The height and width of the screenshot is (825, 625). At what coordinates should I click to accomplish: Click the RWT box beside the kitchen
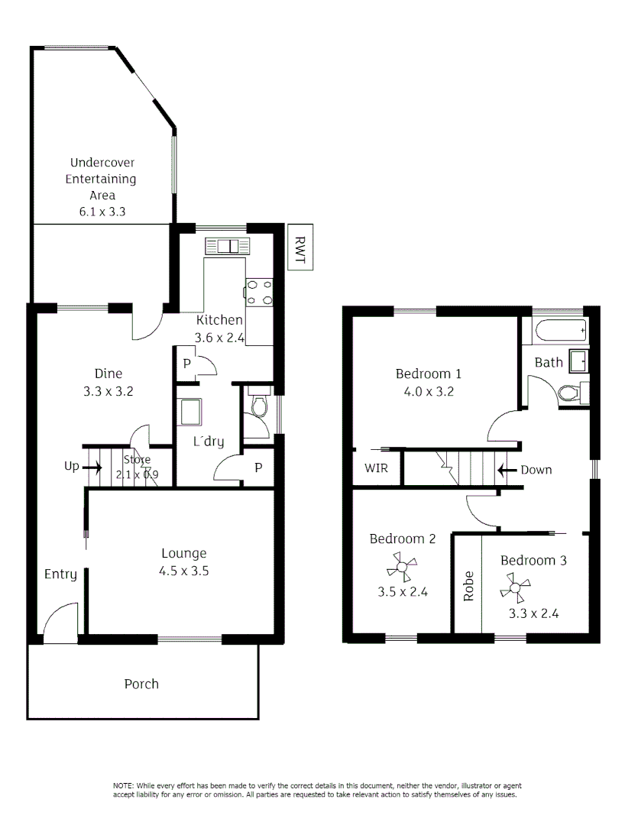click(299, 247)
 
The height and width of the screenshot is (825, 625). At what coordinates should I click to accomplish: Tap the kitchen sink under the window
click(227, 246)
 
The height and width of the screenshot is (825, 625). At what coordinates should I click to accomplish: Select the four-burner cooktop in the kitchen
click(258, 290)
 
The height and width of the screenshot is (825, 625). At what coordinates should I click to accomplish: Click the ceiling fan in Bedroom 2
click(402, 568)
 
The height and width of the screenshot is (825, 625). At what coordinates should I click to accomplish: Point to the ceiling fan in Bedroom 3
click(516, 587)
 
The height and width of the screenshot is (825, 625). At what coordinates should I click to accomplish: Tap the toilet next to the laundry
click(259, 405)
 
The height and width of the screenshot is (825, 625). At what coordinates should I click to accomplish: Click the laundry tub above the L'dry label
click(189, 412)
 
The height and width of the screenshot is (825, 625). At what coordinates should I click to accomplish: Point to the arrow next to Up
click(92, 466)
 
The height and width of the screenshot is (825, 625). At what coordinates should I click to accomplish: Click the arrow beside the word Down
click(506, 470)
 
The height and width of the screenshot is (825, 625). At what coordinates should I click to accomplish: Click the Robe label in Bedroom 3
click(468, 586)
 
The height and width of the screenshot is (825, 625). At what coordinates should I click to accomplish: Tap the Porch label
click(141, 684)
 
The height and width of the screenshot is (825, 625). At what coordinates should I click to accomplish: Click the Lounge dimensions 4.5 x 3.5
click(185, 570)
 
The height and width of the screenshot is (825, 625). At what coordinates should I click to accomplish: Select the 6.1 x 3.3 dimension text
click(102, 212)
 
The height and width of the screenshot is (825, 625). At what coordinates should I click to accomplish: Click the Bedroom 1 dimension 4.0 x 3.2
click(428, 391)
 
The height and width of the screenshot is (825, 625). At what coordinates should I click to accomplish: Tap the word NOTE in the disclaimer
click(122, 786)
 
